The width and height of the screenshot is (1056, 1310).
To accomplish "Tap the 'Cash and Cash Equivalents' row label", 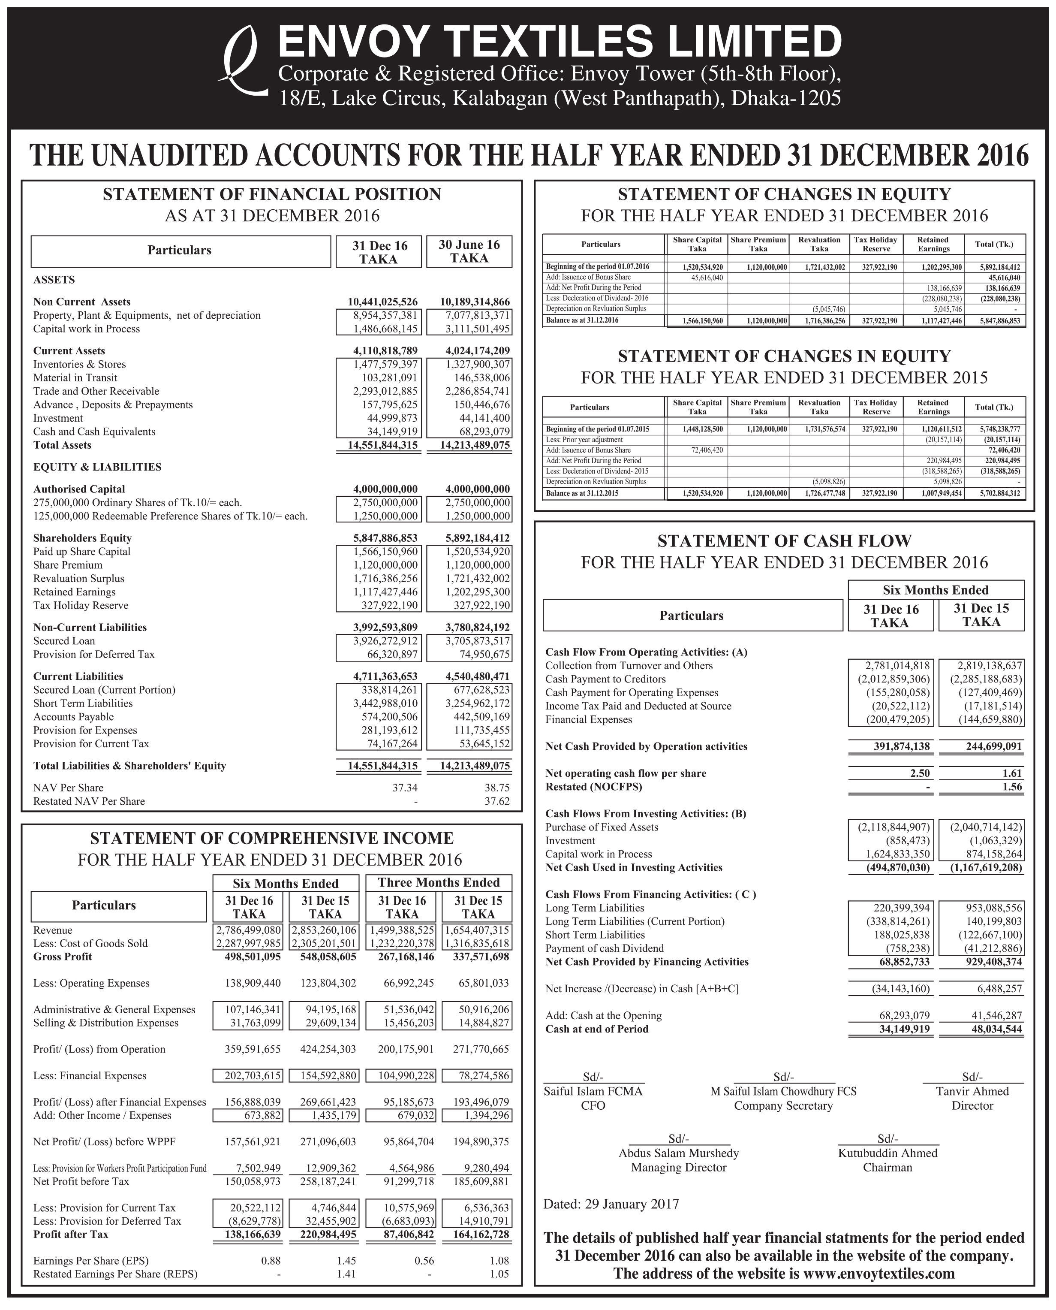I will tap(94, 432).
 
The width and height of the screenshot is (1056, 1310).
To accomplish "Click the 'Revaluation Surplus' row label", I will tap(78, 579).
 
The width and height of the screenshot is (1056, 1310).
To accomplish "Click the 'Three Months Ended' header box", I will tap(439, 883).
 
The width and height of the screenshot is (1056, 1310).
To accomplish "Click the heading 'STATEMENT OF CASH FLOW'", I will tap(784, 541).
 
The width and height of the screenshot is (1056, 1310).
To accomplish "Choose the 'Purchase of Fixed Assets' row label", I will tap(602, 827).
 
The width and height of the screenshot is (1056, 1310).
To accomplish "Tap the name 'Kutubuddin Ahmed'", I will tap(888, 1153).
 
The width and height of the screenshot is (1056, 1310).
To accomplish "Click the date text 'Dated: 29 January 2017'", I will tap(611, 1204).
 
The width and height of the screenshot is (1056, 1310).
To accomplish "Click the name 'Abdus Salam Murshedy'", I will tap(678, 1153).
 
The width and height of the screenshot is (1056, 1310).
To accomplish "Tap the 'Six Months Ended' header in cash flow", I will tap(936, 590).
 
